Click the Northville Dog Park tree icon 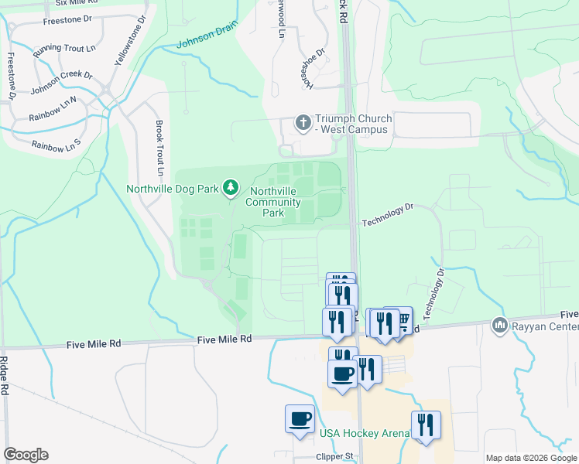tap(230, 187)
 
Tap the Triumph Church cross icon tap(303, 122)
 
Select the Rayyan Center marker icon tap(499, 325)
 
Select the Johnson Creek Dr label tap(61, 84)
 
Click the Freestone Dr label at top tap(67, 21)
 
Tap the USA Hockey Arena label tap(364, 433)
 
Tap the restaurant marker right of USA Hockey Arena tap(426, 425)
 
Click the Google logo tap(26, 454)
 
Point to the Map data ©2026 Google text tap(530, 458)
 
